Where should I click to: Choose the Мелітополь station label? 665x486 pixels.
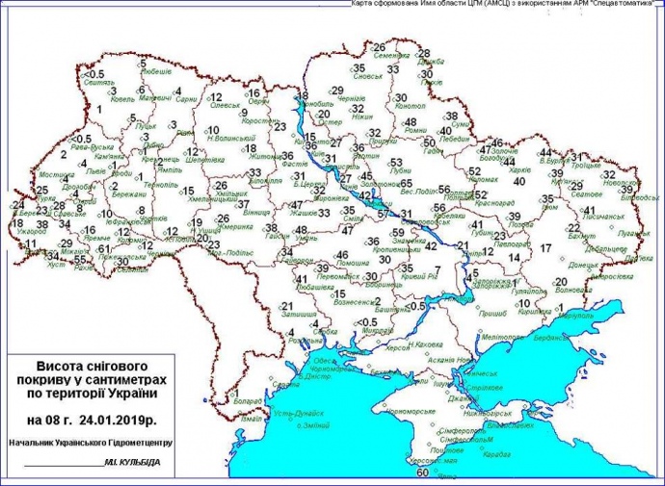click(x=502, y=337)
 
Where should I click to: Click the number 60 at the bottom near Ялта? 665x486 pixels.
click(x=421, y=473)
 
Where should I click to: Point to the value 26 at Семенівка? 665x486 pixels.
click(x=379, y=47)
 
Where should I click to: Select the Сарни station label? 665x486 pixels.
click(x=186, y=99)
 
